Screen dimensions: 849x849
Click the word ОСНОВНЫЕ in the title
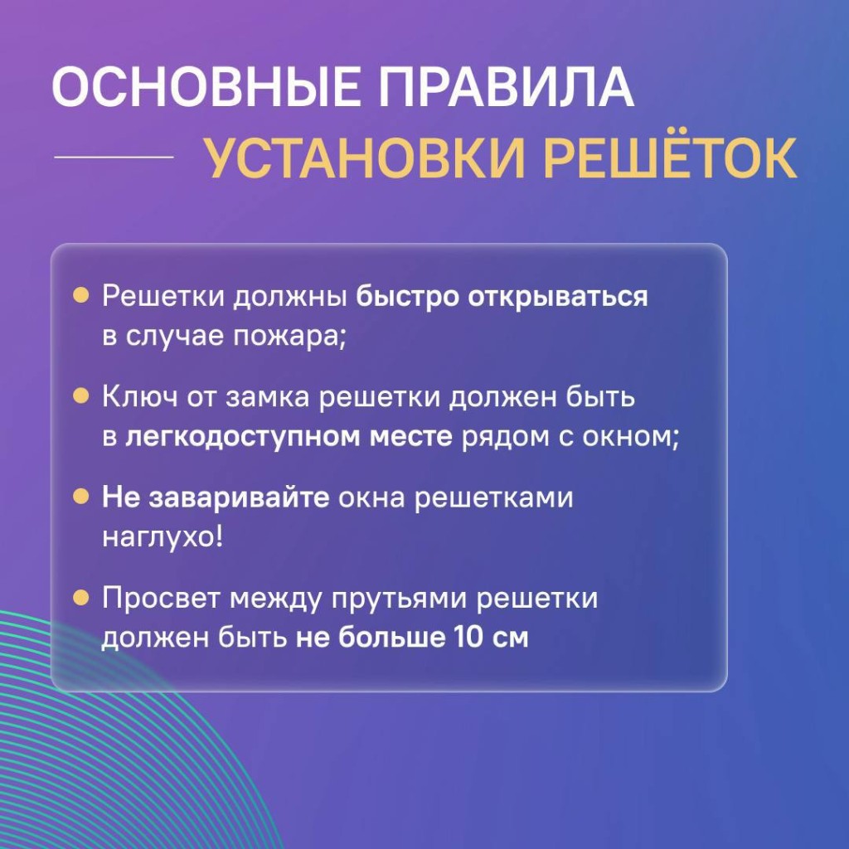(x=206, y=87)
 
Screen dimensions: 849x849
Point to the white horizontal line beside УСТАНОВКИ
(x=114, y=157)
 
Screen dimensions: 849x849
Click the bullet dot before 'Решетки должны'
(x=80, y=296)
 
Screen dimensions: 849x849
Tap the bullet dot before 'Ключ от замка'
(x=80, y=395)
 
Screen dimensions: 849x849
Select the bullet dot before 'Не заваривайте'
(x=80, y=496)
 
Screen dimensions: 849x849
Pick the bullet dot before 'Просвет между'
(x=80, y=597)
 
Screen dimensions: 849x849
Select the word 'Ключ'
(x=139, y=397)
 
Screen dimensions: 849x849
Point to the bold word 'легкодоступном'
(x=242, y=438)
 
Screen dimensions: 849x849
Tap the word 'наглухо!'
(x=163, y=537)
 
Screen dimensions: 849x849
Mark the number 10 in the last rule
(x=468, y=638)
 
